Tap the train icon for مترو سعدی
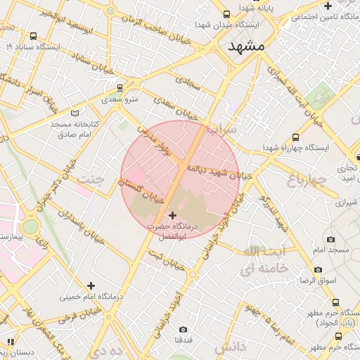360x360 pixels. pyautogui.click(x=119, y=88)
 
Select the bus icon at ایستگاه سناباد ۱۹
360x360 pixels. pyautogui.click(x=33, y=36)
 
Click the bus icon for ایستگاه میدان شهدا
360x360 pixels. pyautogui.click(x=226, y=14)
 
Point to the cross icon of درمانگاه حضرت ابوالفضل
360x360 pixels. pyautogui.click(x=173, y=215)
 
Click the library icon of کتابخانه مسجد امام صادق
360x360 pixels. pyautogui.click(x=75, y=112)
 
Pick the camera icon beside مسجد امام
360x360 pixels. pyautogui.click(x=331, y=240)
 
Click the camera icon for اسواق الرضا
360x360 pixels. pyautogui.click(x=318, y=270)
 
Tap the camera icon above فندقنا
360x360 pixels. pyautogui.click(x=183, y=329)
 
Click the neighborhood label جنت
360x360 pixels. pyautogui.click(x=90, y=178)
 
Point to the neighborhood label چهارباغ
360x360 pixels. pyautogui.click(x=307, y=181)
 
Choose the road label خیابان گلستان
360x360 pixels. pyautogui.click(x=144, y=188)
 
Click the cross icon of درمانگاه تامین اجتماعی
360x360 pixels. pyautogui.click(x=328, y=6)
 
